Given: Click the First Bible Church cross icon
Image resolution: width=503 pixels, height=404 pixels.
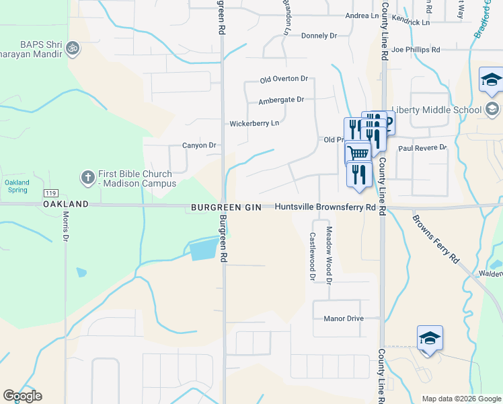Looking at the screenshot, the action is click(x=87, y=177).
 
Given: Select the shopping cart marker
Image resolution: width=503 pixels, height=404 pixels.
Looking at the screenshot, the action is click(x=358, y=153).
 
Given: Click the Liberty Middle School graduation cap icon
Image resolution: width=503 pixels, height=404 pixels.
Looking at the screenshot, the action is click(x=492, y=109).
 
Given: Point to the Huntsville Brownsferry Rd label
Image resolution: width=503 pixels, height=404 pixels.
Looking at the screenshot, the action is click(x=325, y=207).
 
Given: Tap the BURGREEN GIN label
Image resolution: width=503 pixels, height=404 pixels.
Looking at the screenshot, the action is click(x=225, y=207).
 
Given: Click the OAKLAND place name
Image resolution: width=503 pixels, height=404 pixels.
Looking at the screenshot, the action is click(x=66, y=203).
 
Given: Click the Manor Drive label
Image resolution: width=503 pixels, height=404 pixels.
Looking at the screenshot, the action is click(x=343, y=318).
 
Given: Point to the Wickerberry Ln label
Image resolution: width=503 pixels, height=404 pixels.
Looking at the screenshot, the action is click(x=254, y=124).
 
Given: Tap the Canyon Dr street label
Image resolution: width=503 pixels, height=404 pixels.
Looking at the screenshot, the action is click(x=199, y=145).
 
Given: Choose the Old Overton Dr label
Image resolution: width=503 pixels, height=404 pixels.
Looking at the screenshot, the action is click(x=284, y=80).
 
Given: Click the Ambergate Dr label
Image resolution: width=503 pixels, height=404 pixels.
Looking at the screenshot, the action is click(x=281, y=100).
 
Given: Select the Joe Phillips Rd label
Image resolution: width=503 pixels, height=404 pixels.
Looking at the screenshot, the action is click(x=415, y=50).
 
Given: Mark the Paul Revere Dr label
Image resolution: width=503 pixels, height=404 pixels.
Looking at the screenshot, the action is click(x=422, y=147).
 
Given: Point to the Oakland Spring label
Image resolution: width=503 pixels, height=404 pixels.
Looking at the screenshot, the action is click(x=17, y=187).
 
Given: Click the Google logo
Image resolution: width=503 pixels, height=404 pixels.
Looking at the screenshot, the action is click(x=22, y=396).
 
